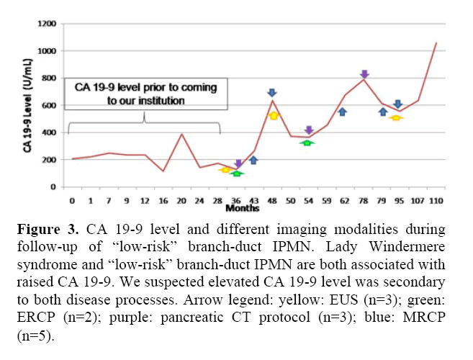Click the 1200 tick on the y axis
(x=48, y=24)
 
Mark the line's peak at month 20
(x=181, y=134)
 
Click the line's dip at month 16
(x=163, y=171)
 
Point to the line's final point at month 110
(x=436, y=43)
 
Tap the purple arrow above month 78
(x=364, y=74)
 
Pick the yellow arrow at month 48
(x=273, y=115)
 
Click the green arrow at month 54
(x=307, y=143)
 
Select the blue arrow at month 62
(x=343, y=112)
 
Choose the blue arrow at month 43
(x=253, y=160)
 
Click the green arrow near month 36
(x=237, y=173)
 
